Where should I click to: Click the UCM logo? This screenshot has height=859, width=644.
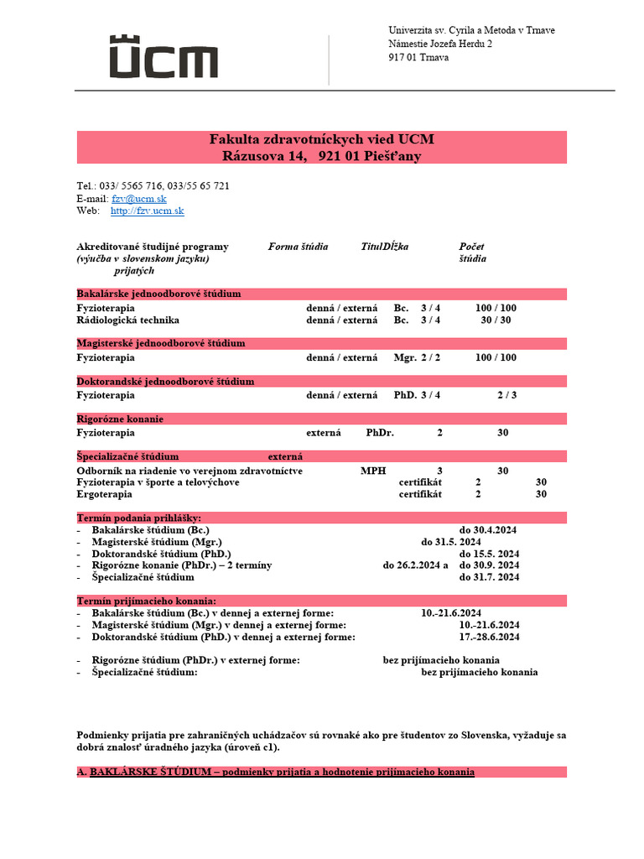point(164,58)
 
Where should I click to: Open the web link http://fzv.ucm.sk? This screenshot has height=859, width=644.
point(147,211)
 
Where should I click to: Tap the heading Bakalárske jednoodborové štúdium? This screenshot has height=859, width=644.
point(158,294)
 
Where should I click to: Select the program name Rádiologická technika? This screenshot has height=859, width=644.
point(127,320)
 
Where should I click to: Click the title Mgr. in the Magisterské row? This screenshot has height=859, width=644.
point(405,357)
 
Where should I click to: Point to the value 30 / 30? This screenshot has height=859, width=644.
point(496,320)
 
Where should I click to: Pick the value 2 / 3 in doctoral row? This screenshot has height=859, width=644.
point(506,395)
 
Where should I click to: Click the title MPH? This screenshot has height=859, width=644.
point(373,471)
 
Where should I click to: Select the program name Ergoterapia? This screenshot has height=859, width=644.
point(104,495)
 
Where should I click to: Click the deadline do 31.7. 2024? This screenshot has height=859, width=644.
point(489,578)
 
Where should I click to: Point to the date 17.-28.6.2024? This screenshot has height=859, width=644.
point(489,638)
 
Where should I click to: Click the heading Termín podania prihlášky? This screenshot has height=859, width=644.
point(138,518)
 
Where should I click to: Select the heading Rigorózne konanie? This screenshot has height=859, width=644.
point(120,419)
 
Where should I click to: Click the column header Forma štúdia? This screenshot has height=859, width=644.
point(298,247)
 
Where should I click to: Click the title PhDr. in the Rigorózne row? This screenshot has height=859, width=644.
point(380,433)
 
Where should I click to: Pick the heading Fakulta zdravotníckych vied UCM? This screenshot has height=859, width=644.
point(321,139)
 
